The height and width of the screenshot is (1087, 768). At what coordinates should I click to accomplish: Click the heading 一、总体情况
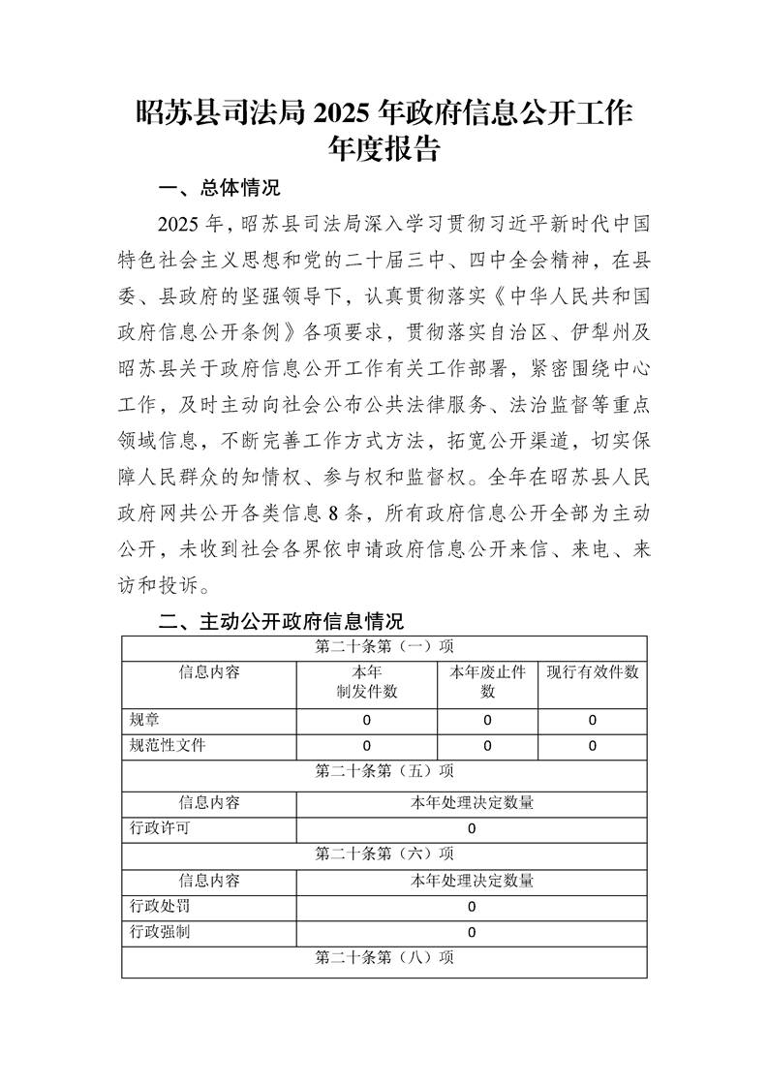218,188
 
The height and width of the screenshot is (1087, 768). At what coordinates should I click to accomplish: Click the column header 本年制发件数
366,682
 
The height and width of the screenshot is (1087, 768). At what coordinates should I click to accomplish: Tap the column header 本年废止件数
487,682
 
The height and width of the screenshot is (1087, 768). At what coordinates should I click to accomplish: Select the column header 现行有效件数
592,672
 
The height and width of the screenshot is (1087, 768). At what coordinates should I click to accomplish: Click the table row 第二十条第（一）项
384,646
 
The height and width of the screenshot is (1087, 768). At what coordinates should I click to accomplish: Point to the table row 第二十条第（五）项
384,772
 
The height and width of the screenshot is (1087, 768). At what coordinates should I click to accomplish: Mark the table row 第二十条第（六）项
384,854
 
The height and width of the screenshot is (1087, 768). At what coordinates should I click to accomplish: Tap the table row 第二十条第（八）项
384,957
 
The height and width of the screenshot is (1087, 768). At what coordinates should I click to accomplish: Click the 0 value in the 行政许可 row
472,828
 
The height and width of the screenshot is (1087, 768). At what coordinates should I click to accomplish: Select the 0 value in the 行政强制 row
472,932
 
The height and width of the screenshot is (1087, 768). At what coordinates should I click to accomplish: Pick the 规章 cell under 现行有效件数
592,721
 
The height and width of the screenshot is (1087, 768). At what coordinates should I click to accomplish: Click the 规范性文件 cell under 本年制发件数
367,746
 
